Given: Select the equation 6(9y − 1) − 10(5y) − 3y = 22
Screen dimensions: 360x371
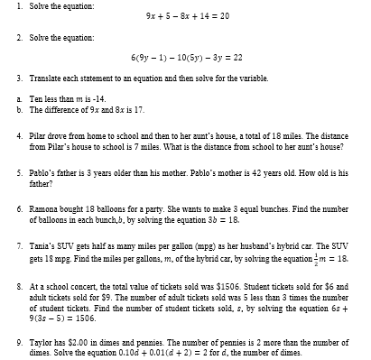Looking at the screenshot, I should [x=186, y=57].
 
